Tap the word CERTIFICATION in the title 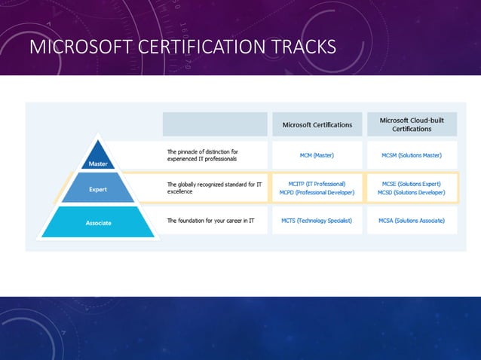(197, 49)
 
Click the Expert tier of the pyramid (98, 189)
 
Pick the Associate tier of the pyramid (98, 222)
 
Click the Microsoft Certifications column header (317, 125)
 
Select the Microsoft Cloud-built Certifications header (412, 124)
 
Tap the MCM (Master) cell (317, 155)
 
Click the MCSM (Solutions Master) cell (412, 155)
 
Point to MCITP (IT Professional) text (317, 183)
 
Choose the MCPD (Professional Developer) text (317, 193)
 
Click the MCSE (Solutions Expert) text (412, 183)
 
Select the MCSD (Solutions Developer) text (412, 193)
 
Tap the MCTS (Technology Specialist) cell (317, 221)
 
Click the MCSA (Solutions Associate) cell (412, 221)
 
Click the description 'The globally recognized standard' (213, 188)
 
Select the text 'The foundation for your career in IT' (211, 221)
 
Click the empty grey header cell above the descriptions (215, 124)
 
